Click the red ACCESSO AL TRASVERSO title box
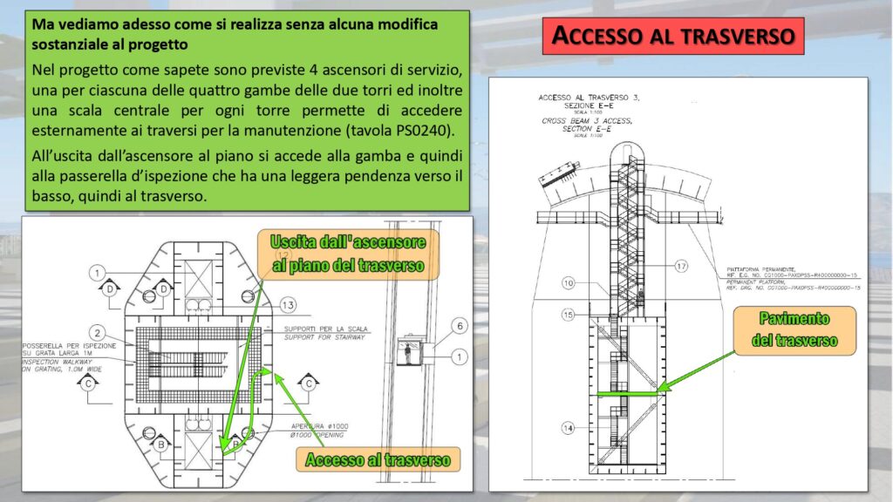pyautogui.click(x=672, y=36)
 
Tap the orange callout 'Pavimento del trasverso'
pyautogui.click(x=794, y=330)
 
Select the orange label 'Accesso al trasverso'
pyautogui.click(x=378, y=459)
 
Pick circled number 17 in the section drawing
pyautogui.click(x=681, y=266)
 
